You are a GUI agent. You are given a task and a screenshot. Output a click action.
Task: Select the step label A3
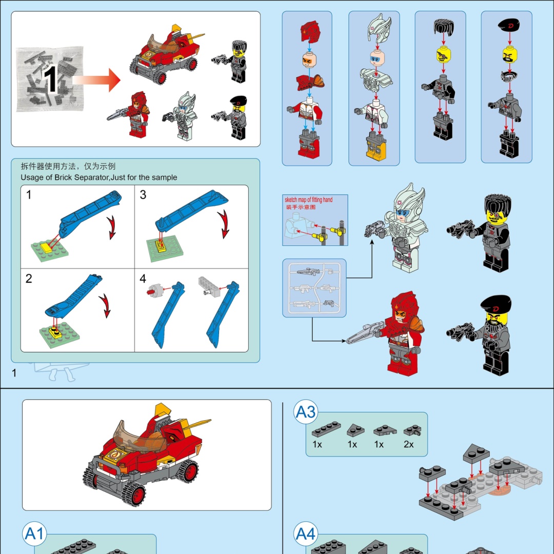pyautogui.click(x=306, y=412)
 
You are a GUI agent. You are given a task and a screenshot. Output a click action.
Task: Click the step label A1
pyautogui.click(x=35, y=535)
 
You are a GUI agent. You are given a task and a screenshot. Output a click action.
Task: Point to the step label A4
pyautogui.click(x=306, y=535)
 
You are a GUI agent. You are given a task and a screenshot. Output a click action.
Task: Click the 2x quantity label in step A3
pyautogui.click(x=408, y=444)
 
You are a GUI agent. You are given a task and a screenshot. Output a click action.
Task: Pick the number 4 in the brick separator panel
pyautogui.click(x=143, y=279)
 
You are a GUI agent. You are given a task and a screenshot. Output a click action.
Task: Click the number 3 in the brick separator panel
pyautogui.click(x=143, y=195)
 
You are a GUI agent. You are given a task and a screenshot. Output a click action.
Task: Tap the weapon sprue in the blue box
pyautogui.click(x=314, y=288)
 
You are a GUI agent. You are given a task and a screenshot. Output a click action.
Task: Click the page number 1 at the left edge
pyautogui.click(x=14, y=373)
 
